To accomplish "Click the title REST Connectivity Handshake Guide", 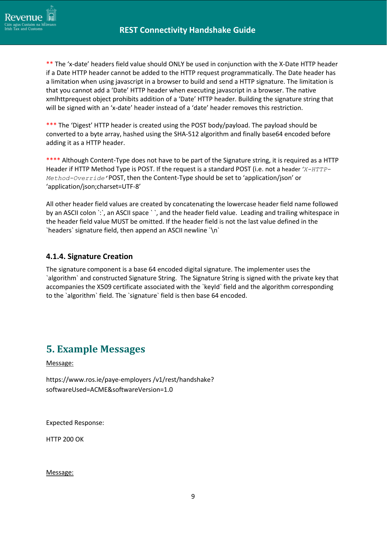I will [187, 30].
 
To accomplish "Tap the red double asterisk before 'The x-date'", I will [50, 64].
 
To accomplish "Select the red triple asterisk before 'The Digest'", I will [51, 125].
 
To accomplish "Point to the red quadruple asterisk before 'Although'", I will [53, 160].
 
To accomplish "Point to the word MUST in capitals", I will [120, 222].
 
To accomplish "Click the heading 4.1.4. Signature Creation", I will [89, 257].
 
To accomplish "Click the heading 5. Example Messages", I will [95, 349].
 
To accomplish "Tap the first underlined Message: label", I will [60, 363].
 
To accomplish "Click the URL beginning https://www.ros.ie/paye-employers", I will [130, 380].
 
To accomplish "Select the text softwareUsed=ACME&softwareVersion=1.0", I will [109, 390].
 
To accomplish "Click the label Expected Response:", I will [75, 423].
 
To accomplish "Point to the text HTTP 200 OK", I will [65, 439].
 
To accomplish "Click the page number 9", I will [193, 496].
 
